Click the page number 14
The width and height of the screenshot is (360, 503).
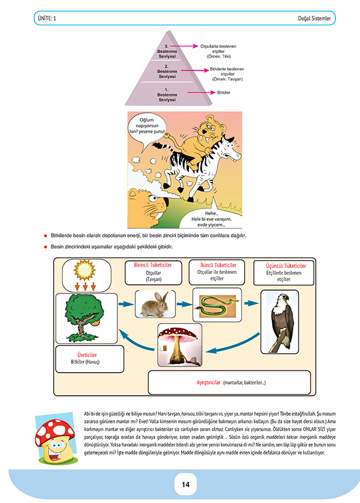click(186, 485)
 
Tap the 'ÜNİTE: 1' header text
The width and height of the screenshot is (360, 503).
click(47, 18)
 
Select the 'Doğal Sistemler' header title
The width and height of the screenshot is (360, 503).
click(314, 18)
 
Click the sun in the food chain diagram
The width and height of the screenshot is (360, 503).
click(84, 270)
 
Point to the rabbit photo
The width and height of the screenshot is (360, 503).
click(155, 305)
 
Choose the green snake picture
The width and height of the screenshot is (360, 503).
click(217, 305)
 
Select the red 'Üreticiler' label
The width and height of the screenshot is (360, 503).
click(87, 355)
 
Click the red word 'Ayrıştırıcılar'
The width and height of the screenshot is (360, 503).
click(209, 382)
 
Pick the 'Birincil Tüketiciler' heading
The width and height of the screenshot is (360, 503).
click(153, 265)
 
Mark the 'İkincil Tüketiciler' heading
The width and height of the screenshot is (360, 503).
click(218, 265)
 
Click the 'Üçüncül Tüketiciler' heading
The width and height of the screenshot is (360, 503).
click(286, 265)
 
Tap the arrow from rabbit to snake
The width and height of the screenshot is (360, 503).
click(184, 304)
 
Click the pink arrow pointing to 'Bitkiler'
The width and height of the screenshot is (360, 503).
click(201, 92)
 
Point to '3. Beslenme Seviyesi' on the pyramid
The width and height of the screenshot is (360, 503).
click(167, 51)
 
